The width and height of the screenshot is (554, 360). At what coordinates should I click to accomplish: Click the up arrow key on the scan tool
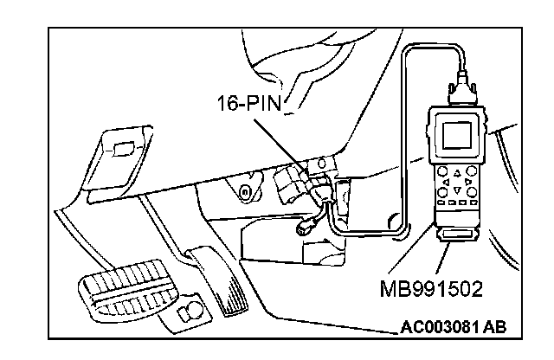coord(456,172)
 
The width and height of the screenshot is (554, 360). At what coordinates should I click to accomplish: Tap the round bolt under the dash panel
coord(247,190)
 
